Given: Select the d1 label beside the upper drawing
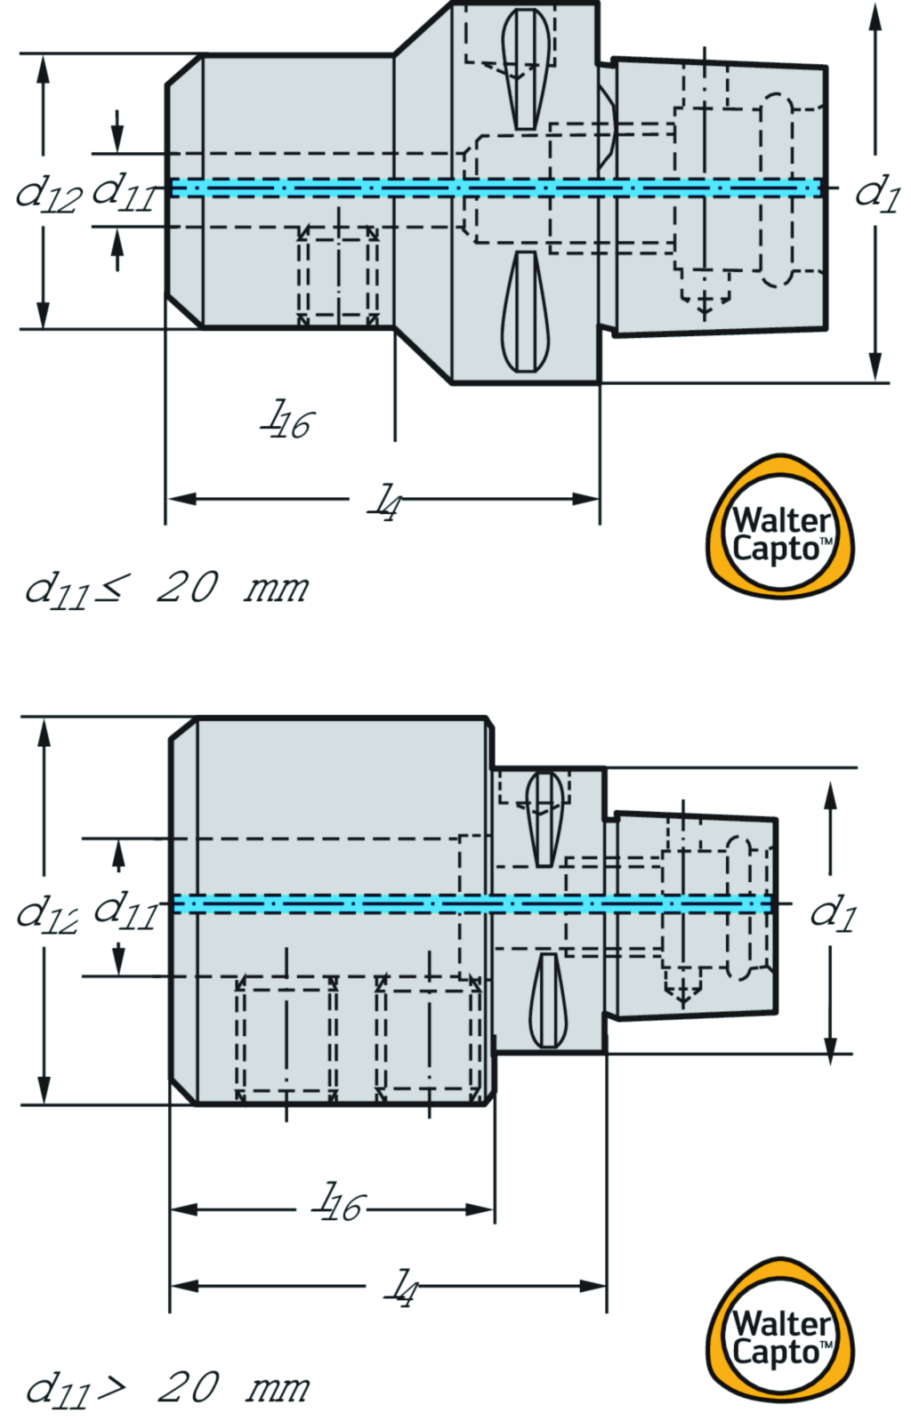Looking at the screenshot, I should coord(877,192).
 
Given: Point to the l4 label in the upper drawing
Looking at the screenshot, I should coord(385,502).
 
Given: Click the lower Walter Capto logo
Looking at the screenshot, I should coord(780,1331).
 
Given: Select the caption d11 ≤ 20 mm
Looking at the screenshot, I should coord(166,589).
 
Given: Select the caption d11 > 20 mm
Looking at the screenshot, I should coord(166,1388).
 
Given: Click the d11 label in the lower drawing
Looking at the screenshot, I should coord(125,910).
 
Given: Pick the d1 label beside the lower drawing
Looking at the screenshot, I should coord(832,912).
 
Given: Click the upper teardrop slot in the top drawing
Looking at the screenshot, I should coord(525,68).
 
